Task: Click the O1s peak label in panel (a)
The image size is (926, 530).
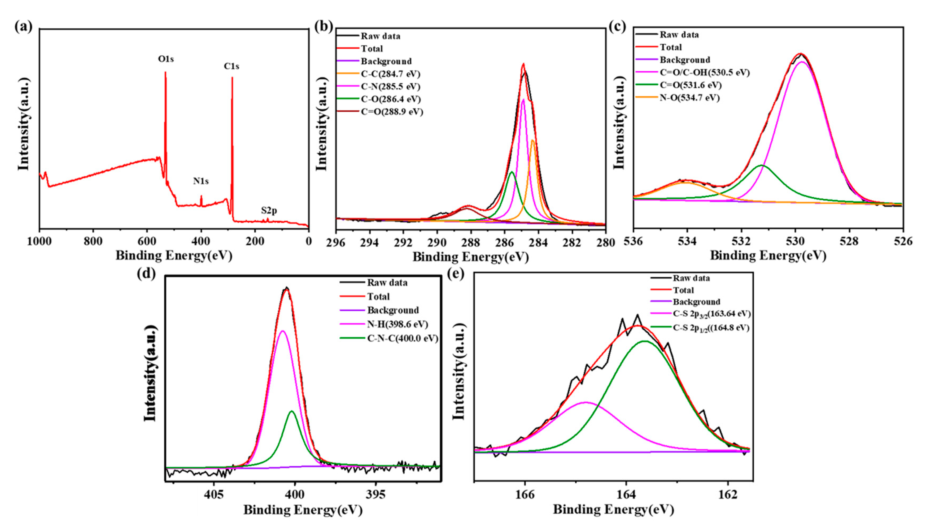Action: [x=165, y=59]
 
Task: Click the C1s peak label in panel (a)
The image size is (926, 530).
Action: [x=231, y=67]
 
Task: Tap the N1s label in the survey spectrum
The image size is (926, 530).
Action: [x=201, y=181]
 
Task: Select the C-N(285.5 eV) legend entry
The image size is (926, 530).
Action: [x=390, y=87]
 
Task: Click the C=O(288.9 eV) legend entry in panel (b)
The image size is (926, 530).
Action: [x=391, y=112]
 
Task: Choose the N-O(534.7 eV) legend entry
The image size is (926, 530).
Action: [x=689, y=98]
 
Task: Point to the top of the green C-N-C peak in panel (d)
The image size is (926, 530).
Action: [x=292, y=411]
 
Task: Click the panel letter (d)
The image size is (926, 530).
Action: [x=146, y=273]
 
